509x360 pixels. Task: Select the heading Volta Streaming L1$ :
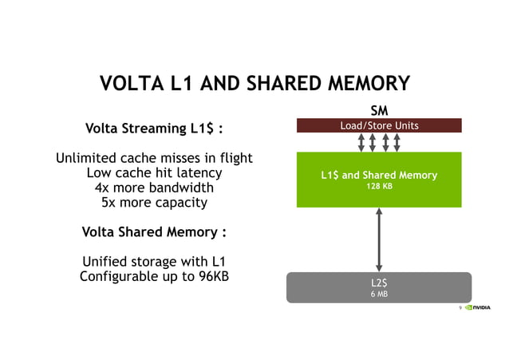[x=153, y=129]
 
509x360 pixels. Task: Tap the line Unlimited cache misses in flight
[x=153, y=158]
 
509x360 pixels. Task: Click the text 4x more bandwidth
[x=153, y=188]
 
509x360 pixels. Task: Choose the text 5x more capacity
[x=153, y=202]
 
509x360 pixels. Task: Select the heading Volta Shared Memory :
[x=153, y=232]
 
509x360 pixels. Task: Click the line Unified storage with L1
[x=153, y=262]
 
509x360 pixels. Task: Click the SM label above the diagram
[x=379, y=111]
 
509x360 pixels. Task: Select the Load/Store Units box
[x=379, y=125]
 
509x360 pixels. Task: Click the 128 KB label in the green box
[x=379, y=186]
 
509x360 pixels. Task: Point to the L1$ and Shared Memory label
[x=379, y=175]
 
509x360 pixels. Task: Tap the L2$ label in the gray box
[x=379, y=282]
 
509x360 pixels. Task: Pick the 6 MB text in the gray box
[x=379, y=294]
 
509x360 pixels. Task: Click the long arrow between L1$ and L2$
[x=379, y=239]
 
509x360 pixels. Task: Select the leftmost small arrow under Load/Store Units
[x=361, y=142]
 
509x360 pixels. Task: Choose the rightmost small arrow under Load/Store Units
[x=397, y=142]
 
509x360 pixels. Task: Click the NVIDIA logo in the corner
[x=478, y=307]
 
